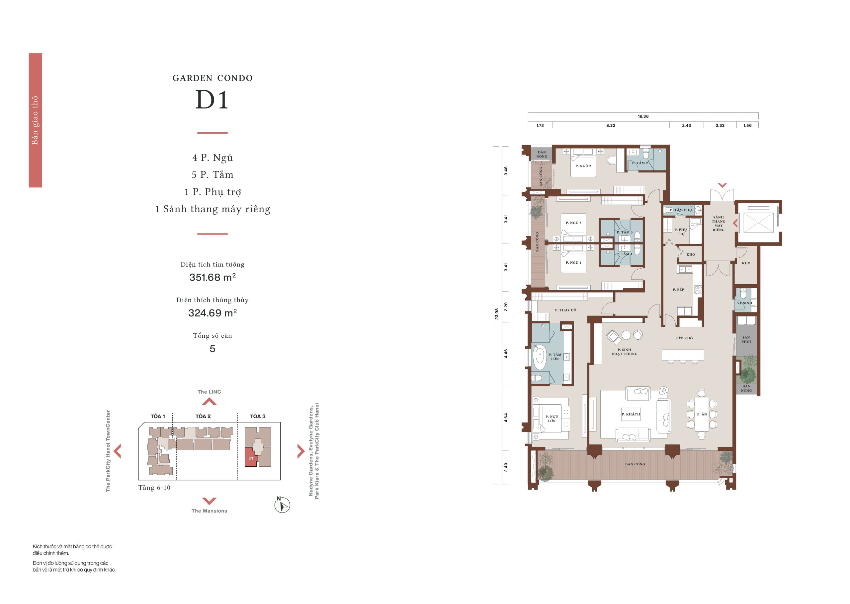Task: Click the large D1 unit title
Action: [x=212, y=100]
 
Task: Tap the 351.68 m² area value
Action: [x=212, y=277]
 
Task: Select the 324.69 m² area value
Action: [x=212, y=313]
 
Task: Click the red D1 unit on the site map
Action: [x=251, y=457]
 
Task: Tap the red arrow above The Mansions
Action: [x=209, y=501]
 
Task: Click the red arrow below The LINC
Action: [x=209, y=401]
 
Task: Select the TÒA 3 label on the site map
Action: [x=258, y=416]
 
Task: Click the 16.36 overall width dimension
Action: [x=643, y=116]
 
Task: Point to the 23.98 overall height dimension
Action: [x=497, y=314]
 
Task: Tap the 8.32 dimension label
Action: [x=611, y=125]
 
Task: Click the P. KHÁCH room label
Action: [x=631, y=414]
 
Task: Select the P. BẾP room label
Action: [x=678, y=289]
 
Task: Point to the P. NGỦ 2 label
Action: [x=583, y=166]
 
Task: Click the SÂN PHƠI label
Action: [x=746, y=340]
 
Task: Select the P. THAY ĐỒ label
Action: [x=565, y=310]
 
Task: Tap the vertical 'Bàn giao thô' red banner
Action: [x=36, y=120]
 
